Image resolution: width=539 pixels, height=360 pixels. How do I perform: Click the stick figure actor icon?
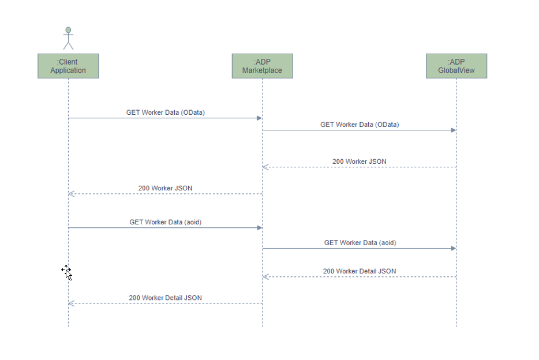tap(68, 38)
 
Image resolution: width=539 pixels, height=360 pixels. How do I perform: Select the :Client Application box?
tap(68, 66)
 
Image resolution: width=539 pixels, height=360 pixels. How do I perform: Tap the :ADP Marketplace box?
tap(262, 66)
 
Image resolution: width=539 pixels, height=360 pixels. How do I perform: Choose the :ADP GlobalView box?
tap(456, 66)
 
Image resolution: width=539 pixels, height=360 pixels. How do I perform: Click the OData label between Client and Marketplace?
tap(165, 112)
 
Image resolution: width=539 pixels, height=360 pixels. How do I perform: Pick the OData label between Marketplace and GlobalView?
tap(360, 124)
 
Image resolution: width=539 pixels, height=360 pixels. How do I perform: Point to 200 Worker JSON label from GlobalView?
tap(360, 162)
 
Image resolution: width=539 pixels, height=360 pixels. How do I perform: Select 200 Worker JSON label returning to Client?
tap(165, 188)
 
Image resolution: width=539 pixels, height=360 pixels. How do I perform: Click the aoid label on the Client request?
tap(165, 222)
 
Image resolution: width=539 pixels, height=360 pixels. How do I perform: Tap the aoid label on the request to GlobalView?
tap(360, 243)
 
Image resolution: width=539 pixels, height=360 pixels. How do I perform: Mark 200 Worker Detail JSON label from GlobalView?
tap(360, 271)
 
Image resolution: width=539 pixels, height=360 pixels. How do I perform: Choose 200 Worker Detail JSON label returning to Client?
tap(165, 298)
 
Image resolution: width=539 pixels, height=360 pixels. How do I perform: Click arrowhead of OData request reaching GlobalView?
tap(454, 130)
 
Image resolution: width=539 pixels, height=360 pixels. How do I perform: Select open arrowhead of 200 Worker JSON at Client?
tap(71, 194)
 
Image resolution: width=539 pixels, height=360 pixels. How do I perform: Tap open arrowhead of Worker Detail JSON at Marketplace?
tap(265, 277)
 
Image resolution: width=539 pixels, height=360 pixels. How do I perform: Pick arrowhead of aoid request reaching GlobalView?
tap(454, 249)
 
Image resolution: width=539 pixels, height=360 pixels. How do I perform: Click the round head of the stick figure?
tap(68, 30)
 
